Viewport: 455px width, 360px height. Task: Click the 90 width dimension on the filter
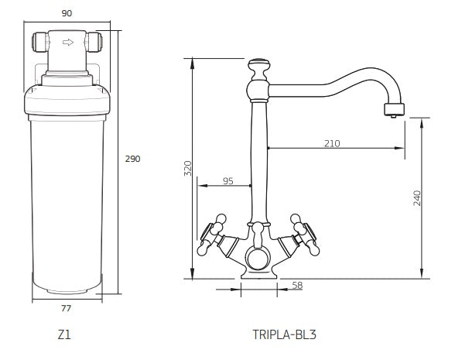(x=67, y=13)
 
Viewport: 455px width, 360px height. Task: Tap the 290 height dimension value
(x=132, y=159)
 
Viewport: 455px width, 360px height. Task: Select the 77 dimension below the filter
(x=67, y=308)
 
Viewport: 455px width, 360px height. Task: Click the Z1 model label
(x=64, y=334)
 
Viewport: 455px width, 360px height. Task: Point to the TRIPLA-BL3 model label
(x=285, y=334)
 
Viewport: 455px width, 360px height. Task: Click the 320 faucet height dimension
(x=188, y=168)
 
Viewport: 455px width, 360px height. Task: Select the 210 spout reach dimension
(x=332, y=143)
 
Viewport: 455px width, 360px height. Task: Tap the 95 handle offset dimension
(x=228, y=181)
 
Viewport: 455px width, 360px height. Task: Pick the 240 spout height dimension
(x=417, y=198)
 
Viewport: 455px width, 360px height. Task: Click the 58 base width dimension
(x=297, y=286)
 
